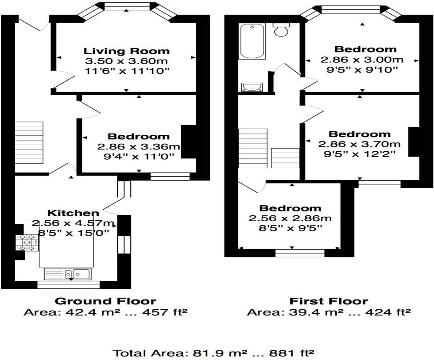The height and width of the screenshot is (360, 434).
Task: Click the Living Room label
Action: [x=127, y=51]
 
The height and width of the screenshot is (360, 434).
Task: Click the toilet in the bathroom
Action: [x=281, y=29]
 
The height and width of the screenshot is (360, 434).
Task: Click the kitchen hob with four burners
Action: [x=28, y=243]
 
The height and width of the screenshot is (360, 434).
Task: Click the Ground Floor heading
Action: [x=105, y=301]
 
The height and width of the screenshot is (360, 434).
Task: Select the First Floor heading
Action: [x=329, y=301]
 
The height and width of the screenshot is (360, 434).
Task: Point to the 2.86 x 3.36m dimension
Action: [x=138, y=146]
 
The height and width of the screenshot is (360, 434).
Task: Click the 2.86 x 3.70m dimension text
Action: [x=359, y=144]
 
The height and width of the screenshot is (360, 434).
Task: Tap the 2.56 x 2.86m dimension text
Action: [x=290, y=218]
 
